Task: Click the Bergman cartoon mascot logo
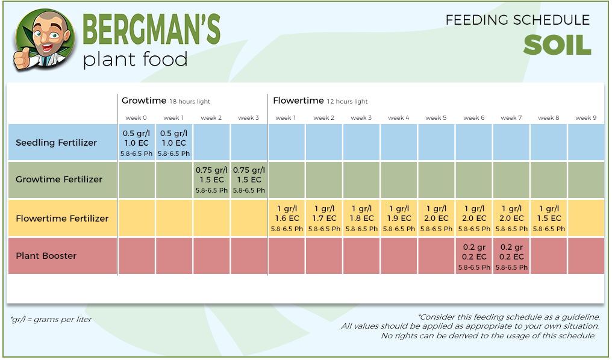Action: click(43, 39)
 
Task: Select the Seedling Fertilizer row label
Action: click(56, 143)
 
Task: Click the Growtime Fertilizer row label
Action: click(59, 179)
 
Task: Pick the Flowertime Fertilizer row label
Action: click(62, 218)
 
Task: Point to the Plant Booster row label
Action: click(46, 256)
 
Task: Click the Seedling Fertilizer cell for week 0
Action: click(136, 143)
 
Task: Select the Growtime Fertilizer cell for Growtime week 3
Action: click(248, 179)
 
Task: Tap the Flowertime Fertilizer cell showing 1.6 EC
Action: click(286, 218)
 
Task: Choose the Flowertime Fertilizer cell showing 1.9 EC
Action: click(399, 218)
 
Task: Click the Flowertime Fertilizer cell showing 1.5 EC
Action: click(548, 218)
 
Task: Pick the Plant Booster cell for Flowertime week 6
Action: click(473, 256)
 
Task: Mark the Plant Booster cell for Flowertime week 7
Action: click(511, 256)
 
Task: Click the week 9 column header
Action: click(585, 118)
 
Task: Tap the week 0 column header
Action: click(136, 118)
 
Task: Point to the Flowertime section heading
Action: click(298, 101)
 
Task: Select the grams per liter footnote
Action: click(51, 320)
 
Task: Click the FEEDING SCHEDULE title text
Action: click(517, 20)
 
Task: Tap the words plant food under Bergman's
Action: click(135, 59)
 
